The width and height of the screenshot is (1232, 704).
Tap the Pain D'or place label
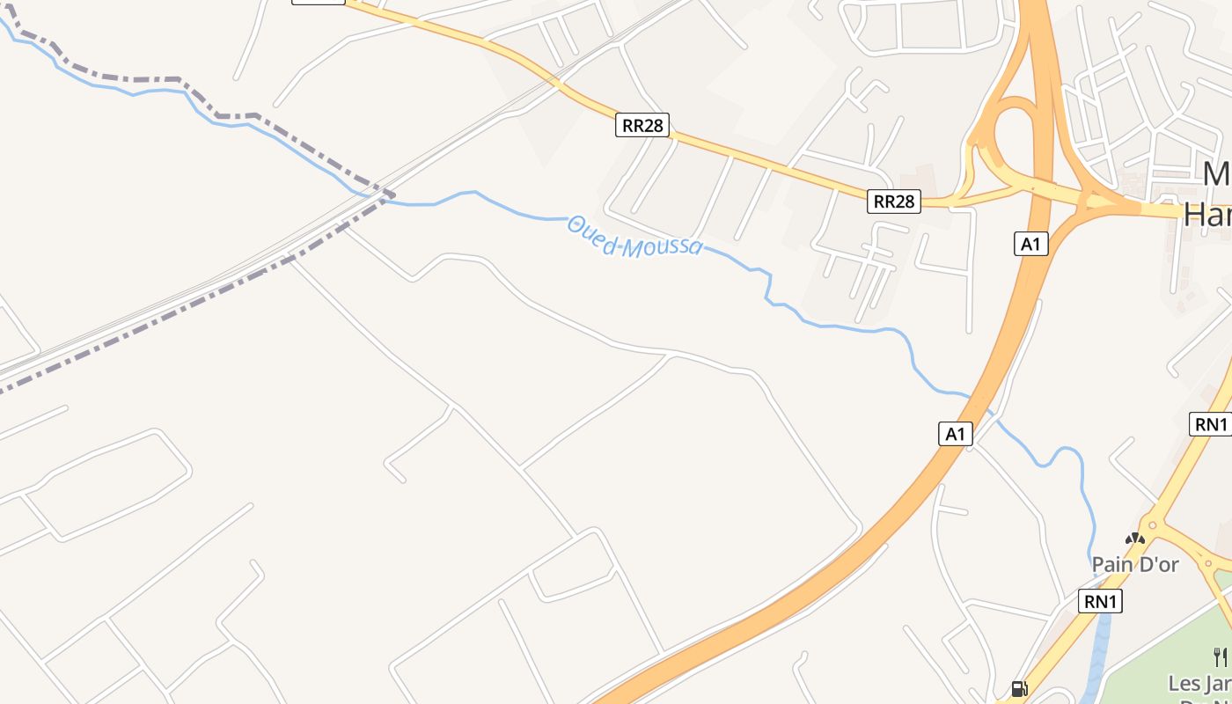(1134, 564)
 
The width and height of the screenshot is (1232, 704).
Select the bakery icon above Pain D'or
(1135, 538)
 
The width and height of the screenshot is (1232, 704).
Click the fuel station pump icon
(1019, 689)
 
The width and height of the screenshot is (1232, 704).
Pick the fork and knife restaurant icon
(1220, 656)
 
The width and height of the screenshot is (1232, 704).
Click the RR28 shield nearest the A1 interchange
(893, 202)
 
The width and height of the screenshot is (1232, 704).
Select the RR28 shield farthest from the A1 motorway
(642, 126)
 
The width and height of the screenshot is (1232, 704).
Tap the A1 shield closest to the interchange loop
(1030, 244)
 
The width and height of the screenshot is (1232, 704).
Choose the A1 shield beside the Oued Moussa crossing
(955, 434)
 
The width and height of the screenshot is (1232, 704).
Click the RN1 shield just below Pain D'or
(1100, 602)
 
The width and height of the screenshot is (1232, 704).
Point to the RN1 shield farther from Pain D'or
(1210, 424)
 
